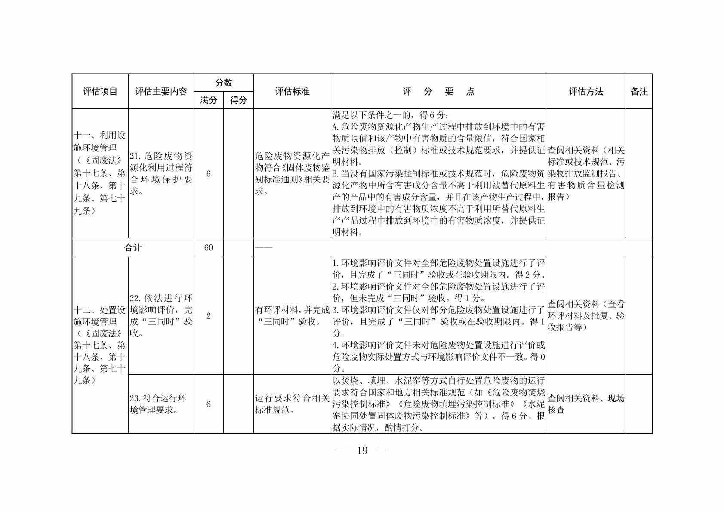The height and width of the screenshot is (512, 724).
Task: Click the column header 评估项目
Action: coord(100,92)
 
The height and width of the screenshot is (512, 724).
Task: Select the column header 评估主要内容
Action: coord(161,92)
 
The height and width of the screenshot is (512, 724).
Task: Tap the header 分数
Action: coord(223,83)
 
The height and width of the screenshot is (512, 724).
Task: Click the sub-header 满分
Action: coord(209,100)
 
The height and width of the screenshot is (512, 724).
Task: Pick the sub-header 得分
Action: coord(238,100)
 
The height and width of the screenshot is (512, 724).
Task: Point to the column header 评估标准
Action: coord(292,92)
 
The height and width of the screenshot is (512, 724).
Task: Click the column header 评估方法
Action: coord(586,92)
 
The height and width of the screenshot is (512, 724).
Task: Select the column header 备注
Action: coord(639,92)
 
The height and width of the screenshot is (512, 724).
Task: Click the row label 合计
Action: coord(132,248)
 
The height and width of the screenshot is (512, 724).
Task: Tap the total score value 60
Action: coord(209,248)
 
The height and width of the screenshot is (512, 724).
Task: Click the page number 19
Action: coord(362,450)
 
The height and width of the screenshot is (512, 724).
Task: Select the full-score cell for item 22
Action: coord(209,316)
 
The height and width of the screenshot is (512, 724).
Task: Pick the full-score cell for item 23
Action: coord(209,404)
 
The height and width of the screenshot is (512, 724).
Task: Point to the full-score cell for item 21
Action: coord(209,174)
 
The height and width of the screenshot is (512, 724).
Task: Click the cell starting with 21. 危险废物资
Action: coord(161,173)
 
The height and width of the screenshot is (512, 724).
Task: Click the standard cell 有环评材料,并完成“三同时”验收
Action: coord(292,316)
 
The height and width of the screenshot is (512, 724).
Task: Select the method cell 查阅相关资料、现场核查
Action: coord(585,404)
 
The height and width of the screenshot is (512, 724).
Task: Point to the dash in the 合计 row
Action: coord(264,248)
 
